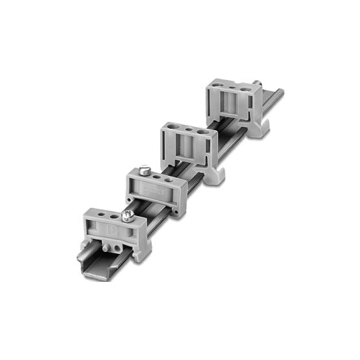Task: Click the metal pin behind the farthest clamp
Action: coord(258,84)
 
